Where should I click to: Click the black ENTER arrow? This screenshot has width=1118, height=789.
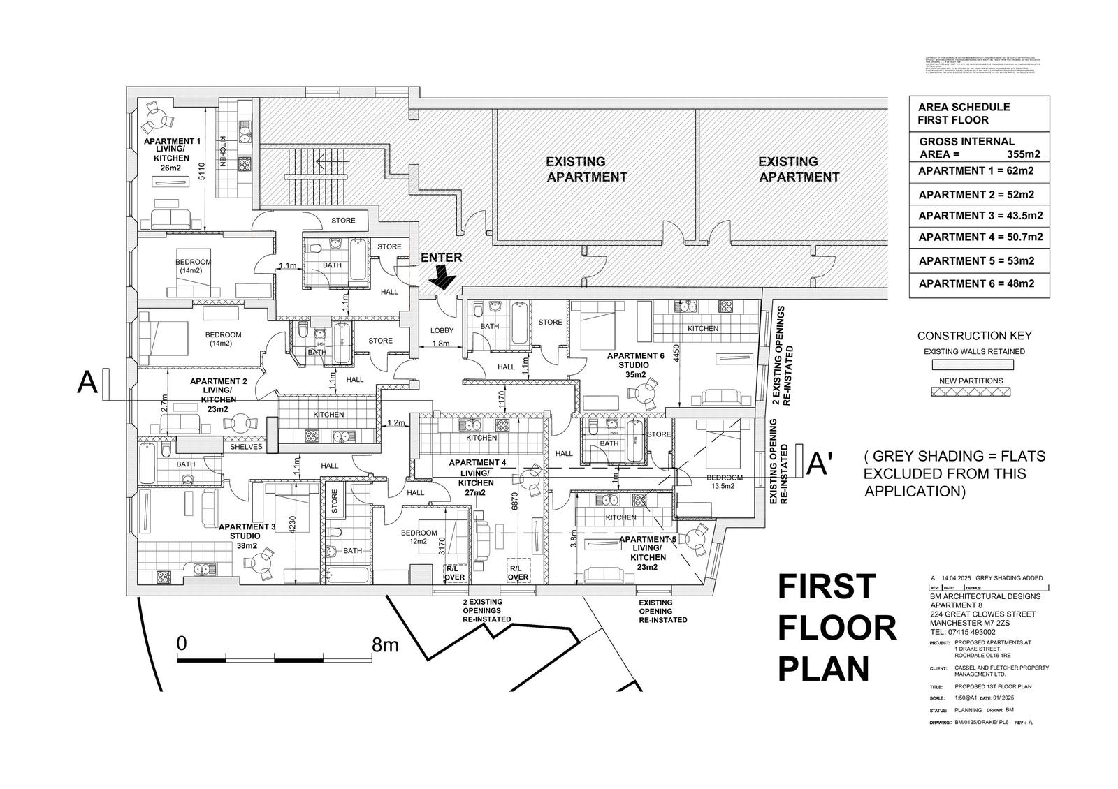pyautogui.click(x=442, y=280)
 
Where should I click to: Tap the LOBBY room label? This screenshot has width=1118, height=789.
pyautogui.click(x=442, y=330)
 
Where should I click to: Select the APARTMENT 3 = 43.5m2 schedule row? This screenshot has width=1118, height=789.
pyautogui.click(x=980, y=216)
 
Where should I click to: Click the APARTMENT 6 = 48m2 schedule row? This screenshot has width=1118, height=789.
pyautogui.click(x=975, y=283)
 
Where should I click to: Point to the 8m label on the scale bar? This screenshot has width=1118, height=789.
pyautogui.click(x=385, y=644)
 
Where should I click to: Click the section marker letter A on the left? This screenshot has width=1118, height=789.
pyautogui.click(x=87, y=383)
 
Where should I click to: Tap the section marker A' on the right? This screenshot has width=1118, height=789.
pyautogui.click(x=819, y=464)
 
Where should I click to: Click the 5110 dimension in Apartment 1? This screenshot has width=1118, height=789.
pyautogui.click(x=201, y=171)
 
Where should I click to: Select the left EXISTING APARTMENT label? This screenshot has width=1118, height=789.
pyautogui.click(x=586, y=170)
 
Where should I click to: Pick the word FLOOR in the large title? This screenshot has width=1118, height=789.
pyautogui.click(x=837, y=628)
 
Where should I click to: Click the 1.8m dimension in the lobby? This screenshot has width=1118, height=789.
pyautogui.click(x=441, y=344)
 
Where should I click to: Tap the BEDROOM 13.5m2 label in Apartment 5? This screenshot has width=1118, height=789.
pyautogui.click(x=725, y=482)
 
